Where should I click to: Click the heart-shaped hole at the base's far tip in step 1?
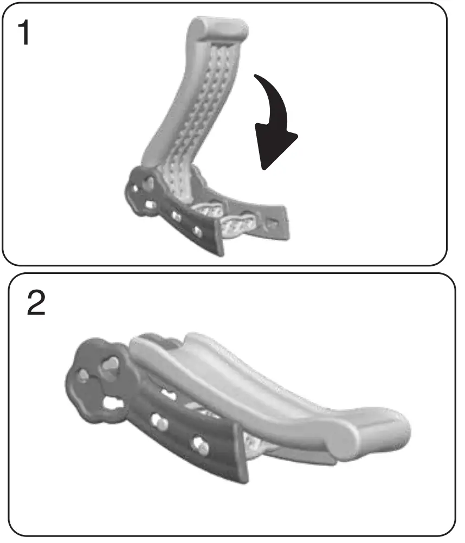pyautogui.click(x=273, y=222)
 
